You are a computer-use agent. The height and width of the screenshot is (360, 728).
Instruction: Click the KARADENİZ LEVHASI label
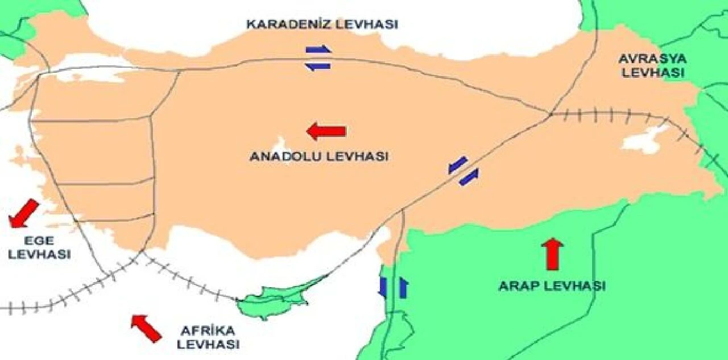click(322, 24)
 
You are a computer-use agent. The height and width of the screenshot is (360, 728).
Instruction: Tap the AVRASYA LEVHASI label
click(653, 66)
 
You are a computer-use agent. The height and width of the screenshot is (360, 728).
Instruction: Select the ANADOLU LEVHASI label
click(318, 156)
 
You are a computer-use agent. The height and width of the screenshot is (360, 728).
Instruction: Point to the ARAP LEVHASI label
click(552, 285)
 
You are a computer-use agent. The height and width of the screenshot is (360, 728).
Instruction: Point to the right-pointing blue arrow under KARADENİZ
click(318, 49)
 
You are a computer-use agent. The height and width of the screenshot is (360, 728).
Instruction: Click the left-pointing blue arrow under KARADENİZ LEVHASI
click(318, 66)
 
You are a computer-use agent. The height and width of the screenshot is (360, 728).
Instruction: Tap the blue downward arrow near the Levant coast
click(383, 287)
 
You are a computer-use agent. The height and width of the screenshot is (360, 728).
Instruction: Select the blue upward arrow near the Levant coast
click(403, 287)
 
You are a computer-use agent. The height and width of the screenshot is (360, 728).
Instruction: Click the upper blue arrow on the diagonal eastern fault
click(458, 164)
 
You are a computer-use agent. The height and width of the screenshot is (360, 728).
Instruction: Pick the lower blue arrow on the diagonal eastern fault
click(469, 177)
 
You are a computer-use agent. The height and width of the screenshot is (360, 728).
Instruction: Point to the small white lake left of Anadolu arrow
click(280, 144)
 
